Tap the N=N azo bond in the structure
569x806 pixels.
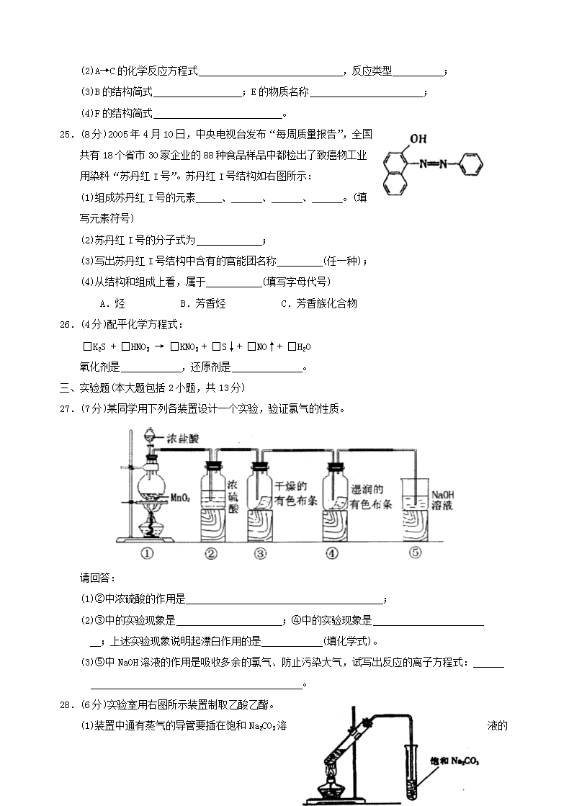point(431,164)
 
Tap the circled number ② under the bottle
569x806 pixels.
point(211,553)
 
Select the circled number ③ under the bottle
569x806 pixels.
point(260,553)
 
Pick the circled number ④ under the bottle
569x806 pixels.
point(331,553)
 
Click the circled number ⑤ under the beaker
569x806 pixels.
point(415,552)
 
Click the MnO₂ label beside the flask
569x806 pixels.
point(179,497)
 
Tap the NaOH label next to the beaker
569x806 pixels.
point(442,495)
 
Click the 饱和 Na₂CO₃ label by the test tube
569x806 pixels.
point(454,761)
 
